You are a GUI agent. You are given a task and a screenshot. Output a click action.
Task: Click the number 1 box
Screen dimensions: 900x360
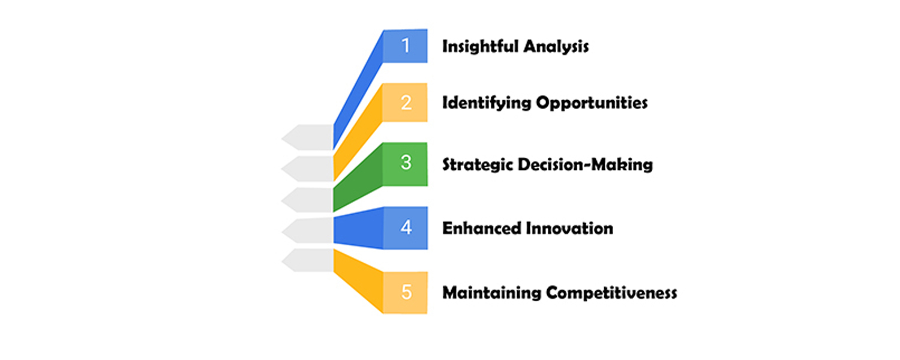pyautogui.click(x=405, y=46)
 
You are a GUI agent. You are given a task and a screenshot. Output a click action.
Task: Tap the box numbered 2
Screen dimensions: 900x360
pyautogui.click(x=405, y=103)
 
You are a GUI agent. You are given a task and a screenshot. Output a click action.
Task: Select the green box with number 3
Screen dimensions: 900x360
pyautogui.click(x=405, y=164)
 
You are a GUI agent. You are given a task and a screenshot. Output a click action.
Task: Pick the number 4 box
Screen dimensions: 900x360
pyautogui.click(x=406, y=228)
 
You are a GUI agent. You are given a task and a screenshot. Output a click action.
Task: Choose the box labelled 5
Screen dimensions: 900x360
pyautogui.click(x=406, y=293)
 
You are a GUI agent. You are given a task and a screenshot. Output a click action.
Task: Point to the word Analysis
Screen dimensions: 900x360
pyautogui.click(x=556, y=47)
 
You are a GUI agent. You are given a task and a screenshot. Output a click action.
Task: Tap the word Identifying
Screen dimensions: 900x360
pyautogui.click(x=487, y=103)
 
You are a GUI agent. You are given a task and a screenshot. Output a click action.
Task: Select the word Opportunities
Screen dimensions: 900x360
pyautogui.click(x=592, y=103)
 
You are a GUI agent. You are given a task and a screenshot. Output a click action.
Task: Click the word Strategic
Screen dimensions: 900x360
pyautogui.click(x=478, y=165)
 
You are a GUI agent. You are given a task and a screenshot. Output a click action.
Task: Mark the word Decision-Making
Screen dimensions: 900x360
pyautogui.click(x=586, y=165)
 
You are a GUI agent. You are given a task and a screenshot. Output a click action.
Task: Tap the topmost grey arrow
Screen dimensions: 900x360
pyautogui.click(x=307, y=137)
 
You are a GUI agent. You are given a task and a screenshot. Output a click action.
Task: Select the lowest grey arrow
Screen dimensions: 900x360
pyautogui.click(x=307, y=260)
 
